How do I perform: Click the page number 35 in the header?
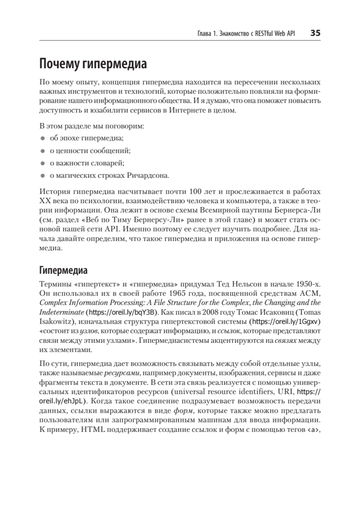click(x=315, y=33)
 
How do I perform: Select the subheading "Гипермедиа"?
click(x=63, y=270)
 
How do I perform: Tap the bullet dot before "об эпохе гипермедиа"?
click(x=42, y=138)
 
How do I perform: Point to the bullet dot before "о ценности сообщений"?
click(x=42, y=151)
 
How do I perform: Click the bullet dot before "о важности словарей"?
click(x=42, y=163)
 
